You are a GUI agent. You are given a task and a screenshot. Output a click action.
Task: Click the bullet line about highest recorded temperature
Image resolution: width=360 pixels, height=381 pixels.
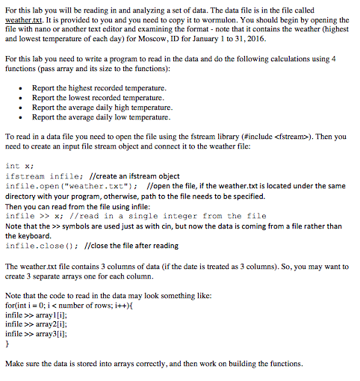[99, 88]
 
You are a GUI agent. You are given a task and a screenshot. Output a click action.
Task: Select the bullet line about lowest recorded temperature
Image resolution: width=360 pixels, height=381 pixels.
[98, 98]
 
